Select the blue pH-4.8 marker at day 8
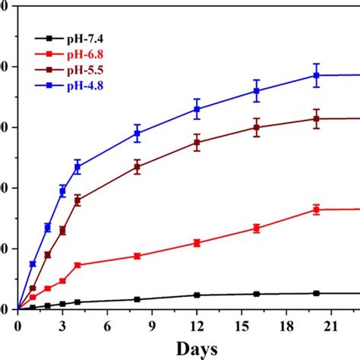pyautogui.click(x=137, y=134)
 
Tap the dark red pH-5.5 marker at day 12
pyautogui.click(x=197, y=143)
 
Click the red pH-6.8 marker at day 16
pyautogui.click(x=257, y=228)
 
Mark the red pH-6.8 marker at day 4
pyautogui.click(x=77, y=265)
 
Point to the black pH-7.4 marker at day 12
pyautogui.click(x=197, y=295)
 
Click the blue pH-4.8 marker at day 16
pyautogui.click(x=257, y=90)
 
